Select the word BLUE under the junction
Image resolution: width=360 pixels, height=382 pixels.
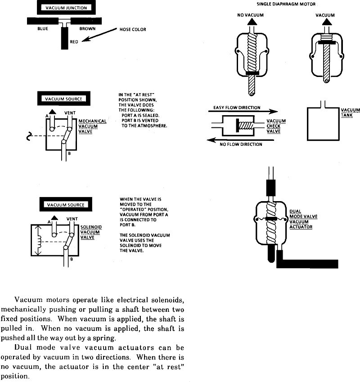point(43,28)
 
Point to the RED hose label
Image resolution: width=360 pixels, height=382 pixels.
point(74,42)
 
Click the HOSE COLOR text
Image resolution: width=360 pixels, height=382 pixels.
point(133,30)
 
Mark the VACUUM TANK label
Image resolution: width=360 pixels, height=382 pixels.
point(350,112)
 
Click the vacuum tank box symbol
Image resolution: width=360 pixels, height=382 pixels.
point(323,123)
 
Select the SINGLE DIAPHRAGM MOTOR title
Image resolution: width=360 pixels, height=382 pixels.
point(286,4)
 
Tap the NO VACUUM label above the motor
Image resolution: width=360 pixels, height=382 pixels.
point(250,15)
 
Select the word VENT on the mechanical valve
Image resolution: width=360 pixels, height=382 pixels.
point(70,112)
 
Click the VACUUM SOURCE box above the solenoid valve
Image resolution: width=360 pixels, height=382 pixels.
point(66,205)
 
